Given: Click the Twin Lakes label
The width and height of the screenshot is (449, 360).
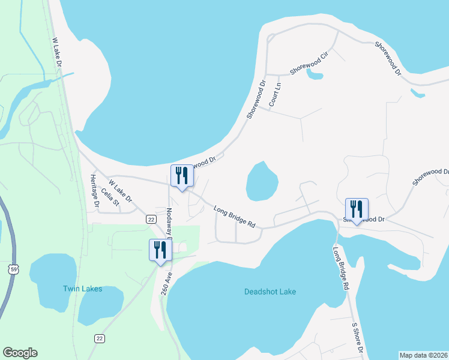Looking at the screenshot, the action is [x=82, y=289].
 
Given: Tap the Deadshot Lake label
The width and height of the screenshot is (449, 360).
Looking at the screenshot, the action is [x=270, y=292].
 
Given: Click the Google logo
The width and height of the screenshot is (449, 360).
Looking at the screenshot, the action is [x=20, y=353].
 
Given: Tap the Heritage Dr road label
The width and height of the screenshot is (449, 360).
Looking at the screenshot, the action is [x=94, y=191].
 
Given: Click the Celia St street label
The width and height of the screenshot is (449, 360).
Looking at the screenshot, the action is [x=110, y=197].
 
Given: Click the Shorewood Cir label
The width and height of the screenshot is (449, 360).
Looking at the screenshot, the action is [x=310, y=63].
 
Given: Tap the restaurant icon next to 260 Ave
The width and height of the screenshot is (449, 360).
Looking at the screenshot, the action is [x=160, y=250].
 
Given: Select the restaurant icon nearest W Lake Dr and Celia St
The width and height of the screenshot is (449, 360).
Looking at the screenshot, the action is [x=182, y=176].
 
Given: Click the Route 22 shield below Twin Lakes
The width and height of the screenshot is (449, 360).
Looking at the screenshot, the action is [x=99, y=338].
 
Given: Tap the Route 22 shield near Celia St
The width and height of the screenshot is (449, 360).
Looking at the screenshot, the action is [x=151, y=219].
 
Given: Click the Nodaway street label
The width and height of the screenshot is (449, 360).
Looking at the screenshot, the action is [x=170, y=222].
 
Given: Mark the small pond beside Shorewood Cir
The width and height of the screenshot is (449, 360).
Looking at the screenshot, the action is [x=314, y=74].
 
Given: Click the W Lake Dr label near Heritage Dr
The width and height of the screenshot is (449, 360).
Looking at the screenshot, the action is [x=120, y=190].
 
